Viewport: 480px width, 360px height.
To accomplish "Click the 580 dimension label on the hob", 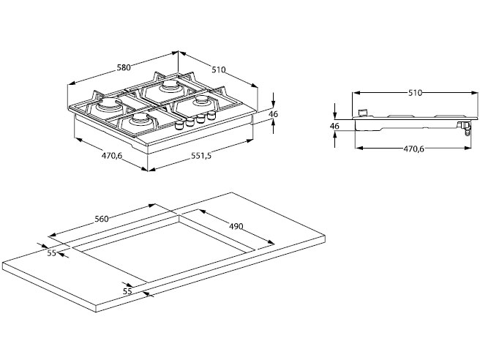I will click(123, 68).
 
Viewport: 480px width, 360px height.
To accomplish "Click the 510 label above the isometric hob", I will click(218, 70).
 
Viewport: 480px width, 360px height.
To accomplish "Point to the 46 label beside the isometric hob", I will click(273, 114).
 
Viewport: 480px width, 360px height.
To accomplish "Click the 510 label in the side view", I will click(414, 93).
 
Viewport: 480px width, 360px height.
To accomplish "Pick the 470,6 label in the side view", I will click(413, 149).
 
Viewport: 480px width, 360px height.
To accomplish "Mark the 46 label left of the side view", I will click(334, 127).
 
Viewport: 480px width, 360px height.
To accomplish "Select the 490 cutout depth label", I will click(235, 226).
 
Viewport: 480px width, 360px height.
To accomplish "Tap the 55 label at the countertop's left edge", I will click(51, 252).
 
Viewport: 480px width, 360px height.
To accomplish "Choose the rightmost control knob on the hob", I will click(213, 115).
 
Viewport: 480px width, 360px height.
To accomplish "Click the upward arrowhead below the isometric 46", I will click(273, 123).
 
